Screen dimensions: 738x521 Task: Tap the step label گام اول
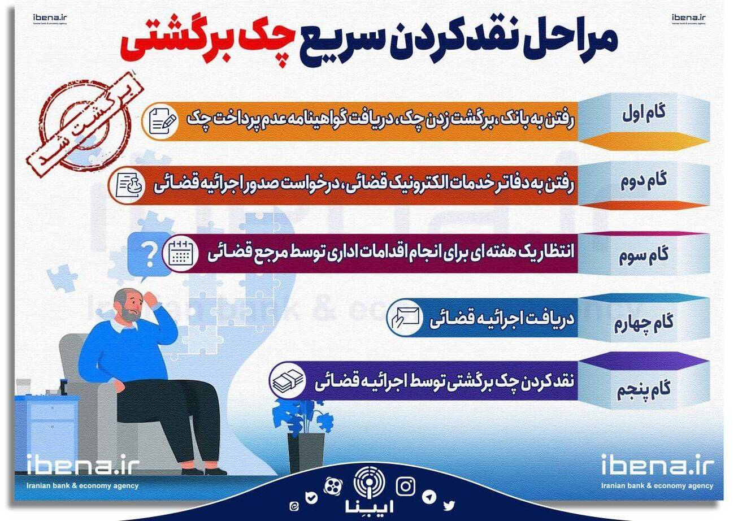(644, 114)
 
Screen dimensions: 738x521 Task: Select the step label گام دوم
(644, 181)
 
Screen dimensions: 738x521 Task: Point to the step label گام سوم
(644, 255)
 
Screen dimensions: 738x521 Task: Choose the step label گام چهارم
(644, 323)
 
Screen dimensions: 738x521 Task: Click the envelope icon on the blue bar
(405, 318)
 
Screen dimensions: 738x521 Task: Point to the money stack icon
(288, 381)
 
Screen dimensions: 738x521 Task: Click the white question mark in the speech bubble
(150, 254)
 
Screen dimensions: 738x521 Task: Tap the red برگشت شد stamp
(84, 124)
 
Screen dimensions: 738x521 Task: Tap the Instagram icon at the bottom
(406, 486)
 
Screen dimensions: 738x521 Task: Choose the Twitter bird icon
(449, 505)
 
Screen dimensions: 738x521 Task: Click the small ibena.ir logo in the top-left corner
(50, 19)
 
